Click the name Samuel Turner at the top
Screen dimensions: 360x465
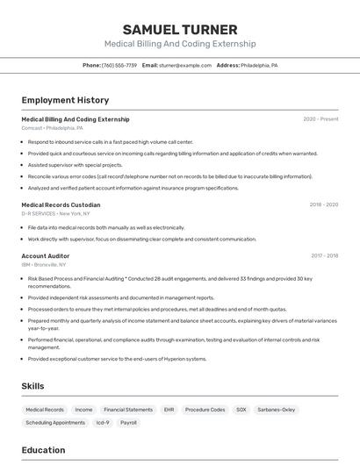pyautogui.click(x=180, y=29)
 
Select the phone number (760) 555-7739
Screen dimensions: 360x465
pyautogui.click(x=119, y=65)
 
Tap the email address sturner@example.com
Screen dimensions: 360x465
pyautogui.click(x=185, y=65)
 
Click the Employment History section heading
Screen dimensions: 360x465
pyautogui.click(x=65, y=100)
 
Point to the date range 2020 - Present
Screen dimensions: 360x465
pyautogui.click(x=320, y=119)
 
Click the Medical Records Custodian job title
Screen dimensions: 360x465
pyautogui.click(x=61, y=204)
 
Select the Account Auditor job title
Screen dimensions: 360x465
pyautogui.click(x=45, y=255)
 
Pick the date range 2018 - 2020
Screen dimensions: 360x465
pyautogui.click(x=323, y=204)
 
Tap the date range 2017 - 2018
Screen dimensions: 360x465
pyautogui.click(x=324, y=255)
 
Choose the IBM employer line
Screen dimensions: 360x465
pyautogui.click(x=43, y=264)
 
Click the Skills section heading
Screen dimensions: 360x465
pyautogui.click(x=32, y=386)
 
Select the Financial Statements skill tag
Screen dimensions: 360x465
pyautogui.click(x=128, y=410)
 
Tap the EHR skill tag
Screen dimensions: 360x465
pyautogui.click(x=169, y=410)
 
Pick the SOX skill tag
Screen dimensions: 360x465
pyautogui.click(x=241, y=410)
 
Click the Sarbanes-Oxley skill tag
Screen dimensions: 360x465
pyautogui.click(x=277, y=410)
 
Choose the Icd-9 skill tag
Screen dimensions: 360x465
pyautogui.click(x=102, y=422)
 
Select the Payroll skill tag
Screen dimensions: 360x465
pyautogui.click(x=128, y=422)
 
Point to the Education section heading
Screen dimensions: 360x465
pyautogui.click(x=43, y=450)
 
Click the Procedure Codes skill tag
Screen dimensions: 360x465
pyautogui.click(x=205, y=410)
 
